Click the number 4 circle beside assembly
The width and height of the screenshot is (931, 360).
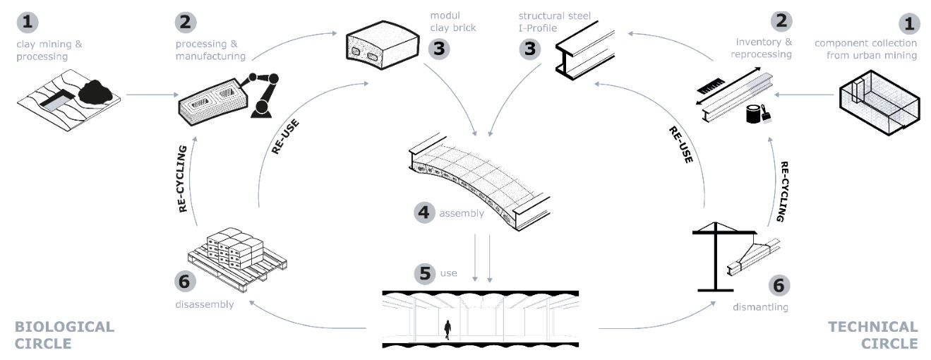(424, 212)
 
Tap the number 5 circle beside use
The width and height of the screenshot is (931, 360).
(425, 273)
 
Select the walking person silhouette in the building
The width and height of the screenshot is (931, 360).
(448, 330)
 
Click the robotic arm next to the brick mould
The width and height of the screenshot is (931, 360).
(261, 95)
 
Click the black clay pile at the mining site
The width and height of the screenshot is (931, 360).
(95, 92)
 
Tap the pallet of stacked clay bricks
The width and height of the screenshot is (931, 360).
(237, 258)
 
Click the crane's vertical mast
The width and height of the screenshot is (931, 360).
(715, 256)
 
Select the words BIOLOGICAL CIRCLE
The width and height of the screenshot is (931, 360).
(64, 335)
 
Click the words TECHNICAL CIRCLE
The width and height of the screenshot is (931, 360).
(873, 335)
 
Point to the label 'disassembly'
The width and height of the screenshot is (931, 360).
(205, 305)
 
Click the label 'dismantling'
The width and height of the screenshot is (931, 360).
(760, 307)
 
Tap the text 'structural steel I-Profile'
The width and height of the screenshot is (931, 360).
(554, 22)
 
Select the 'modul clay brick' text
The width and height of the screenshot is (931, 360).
(452, 22)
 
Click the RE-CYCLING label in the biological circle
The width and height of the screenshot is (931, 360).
(183, 179)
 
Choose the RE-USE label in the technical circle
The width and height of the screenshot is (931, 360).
(681, 144)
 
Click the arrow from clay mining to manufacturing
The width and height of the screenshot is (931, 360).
(152, 95)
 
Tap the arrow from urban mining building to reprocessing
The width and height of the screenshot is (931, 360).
(804, 95)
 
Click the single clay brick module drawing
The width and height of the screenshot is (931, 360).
(383, 45)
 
